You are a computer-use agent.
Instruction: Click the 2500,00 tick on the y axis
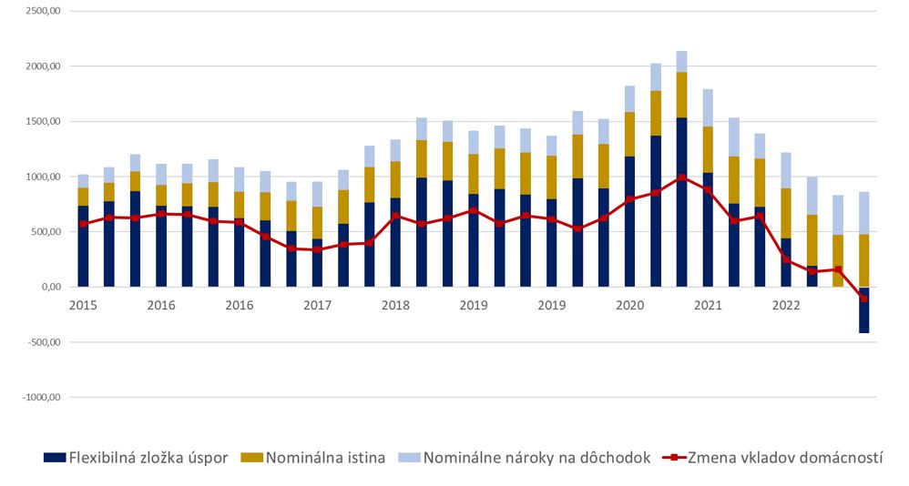point(42,11)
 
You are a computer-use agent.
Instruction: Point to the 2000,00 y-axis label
point(42,66)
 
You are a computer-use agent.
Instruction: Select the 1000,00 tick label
point(42,177)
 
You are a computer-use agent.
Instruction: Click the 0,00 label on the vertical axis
point(50,288)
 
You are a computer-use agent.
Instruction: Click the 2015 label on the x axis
point(83,306)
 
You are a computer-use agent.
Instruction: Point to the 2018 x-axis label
point(395,306)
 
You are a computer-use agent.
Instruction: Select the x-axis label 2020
point(630,306)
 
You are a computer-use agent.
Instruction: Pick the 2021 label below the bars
point(708,306)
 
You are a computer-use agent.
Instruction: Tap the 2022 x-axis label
point(786,306)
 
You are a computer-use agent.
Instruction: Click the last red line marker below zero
point(863,299)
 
